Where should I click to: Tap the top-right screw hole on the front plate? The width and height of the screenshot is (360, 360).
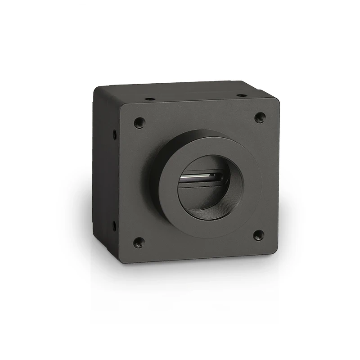coord(259,117)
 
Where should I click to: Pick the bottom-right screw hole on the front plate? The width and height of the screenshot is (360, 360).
coord(258,235)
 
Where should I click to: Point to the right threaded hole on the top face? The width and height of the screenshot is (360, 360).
coord(241,95)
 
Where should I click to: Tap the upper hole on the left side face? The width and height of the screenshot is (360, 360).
coord(114,133)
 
